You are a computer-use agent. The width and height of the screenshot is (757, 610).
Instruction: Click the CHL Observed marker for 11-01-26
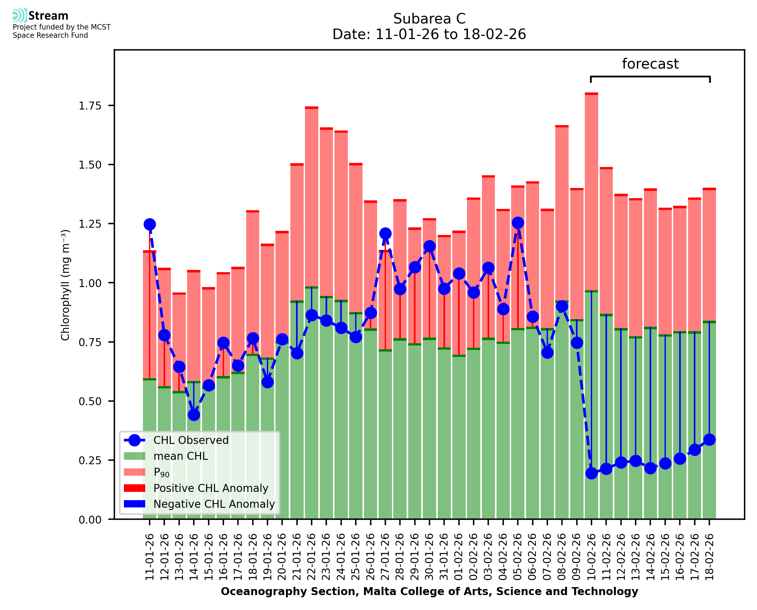click(x=150, y=224)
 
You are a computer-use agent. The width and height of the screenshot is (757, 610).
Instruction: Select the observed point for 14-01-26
click(x=194, y=415)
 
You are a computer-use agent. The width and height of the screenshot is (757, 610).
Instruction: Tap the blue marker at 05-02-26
click(x=518, y=222)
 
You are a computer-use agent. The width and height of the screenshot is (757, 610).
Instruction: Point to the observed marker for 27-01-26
click(x=385, y=233)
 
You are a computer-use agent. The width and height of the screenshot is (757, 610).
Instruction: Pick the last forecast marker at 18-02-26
click(x=709, y=439)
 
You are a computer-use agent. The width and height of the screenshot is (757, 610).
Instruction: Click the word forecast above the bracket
click(x=650, y=64)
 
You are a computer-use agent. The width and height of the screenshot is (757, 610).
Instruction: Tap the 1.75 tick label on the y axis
click(x=90, y=106)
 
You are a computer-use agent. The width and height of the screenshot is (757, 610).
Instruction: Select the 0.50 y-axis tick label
click(x=90, y=401)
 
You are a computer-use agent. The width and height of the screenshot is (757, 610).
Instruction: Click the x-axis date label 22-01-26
click(x=312, y=557)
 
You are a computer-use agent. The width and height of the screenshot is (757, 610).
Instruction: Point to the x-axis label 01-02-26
click(x=459, y=557)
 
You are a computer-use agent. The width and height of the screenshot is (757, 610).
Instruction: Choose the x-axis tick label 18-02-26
click(x=709, y=557)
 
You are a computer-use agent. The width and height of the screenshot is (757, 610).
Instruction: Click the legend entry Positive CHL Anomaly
click(x=211, y=488)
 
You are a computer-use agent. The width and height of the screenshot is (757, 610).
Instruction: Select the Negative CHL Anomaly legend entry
click(x=214, y=504)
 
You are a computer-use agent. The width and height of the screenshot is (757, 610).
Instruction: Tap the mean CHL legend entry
click(x=181, y=456)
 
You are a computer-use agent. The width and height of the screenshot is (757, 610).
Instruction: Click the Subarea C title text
click(x=429, y=19)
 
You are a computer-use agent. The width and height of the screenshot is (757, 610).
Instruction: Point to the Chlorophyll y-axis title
click(x=65, y=285)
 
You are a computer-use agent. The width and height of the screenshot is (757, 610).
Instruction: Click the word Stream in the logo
click(x=48, y=16)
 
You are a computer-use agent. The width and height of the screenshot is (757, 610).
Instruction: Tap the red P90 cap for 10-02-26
click(x=591, y=94)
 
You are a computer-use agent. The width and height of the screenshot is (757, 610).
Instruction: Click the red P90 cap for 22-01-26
click(x=312, y=108)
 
